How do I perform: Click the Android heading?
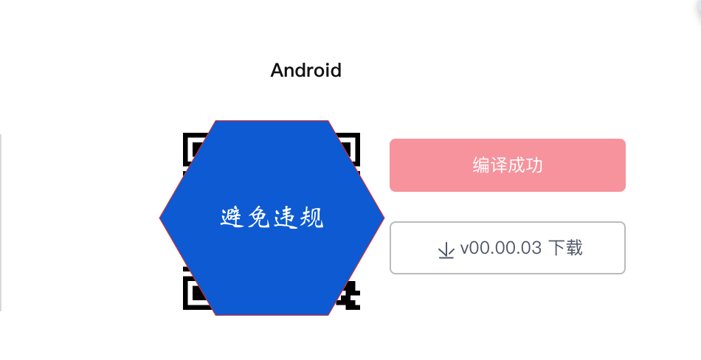coord(305,71)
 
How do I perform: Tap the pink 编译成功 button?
coord(507,165)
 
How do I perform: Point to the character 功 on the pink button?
coord(534,165)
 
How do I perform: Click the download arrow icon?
coord(446,249)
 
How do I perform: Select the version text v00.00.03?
coord(501,248)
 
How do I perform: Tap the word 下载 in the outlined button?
coord(565,248)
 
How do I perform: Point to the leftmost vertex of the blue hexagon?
coord(161,218)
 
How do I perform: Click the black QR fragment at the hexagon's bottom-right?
coord(348,295)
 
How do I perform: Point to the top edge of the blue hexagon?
coord(272,121)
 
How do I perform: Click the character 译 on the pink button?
coord(499,165)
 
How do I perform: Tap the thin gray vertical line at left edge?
coord(1,221)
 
